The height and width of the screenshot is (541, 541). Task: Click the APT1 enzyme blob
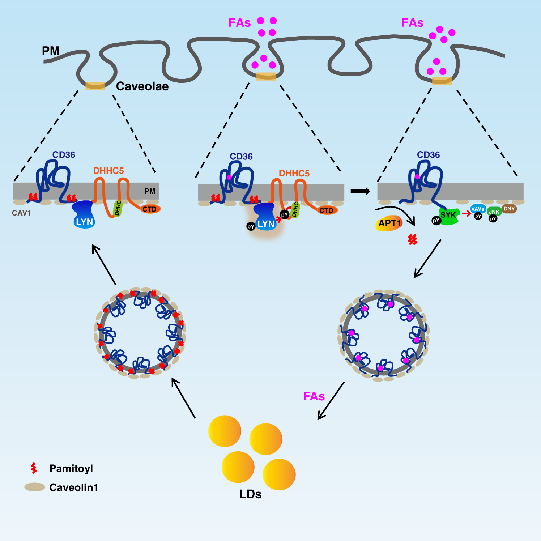(389, 223)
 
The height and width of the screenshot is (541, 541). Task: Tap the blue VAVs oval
(477, 209)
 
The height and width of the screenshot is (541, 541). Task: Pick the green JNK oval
(494, 212)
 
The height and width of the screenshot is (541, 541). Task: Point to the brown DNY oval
(509, 209)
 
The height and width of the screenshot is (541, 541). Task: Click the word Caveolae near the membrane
(142, 86)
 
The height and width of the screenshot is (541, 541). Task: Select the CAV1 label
(21, 213)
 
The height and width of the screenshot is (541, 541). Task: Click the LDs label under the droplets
(250, 494)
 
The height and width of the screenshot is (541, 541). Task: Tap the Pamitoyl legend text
(71, 469)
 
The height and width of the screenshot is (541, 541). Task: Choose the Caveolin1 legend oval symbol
(34, 487)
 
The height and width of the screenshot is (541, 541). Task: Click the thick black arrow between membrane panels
(360, 191)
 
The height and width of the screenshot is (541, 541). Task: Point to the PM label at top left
(51, 51)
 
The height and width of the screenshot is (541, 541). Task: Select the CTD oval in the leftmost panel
(149, 209)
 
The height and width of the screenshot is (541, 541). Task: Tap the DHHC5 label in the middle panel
(294, 174)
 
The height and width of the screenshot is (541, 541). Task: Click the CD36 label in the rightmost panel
(428, 155)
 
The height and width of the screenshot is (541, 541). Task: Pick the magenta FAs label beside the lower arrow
(314, 396)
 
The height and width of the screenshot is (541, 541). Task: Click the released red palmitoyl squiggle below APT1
(413, 239)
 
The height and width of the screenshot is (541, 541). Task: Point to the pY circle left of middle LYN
(251, 227)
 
